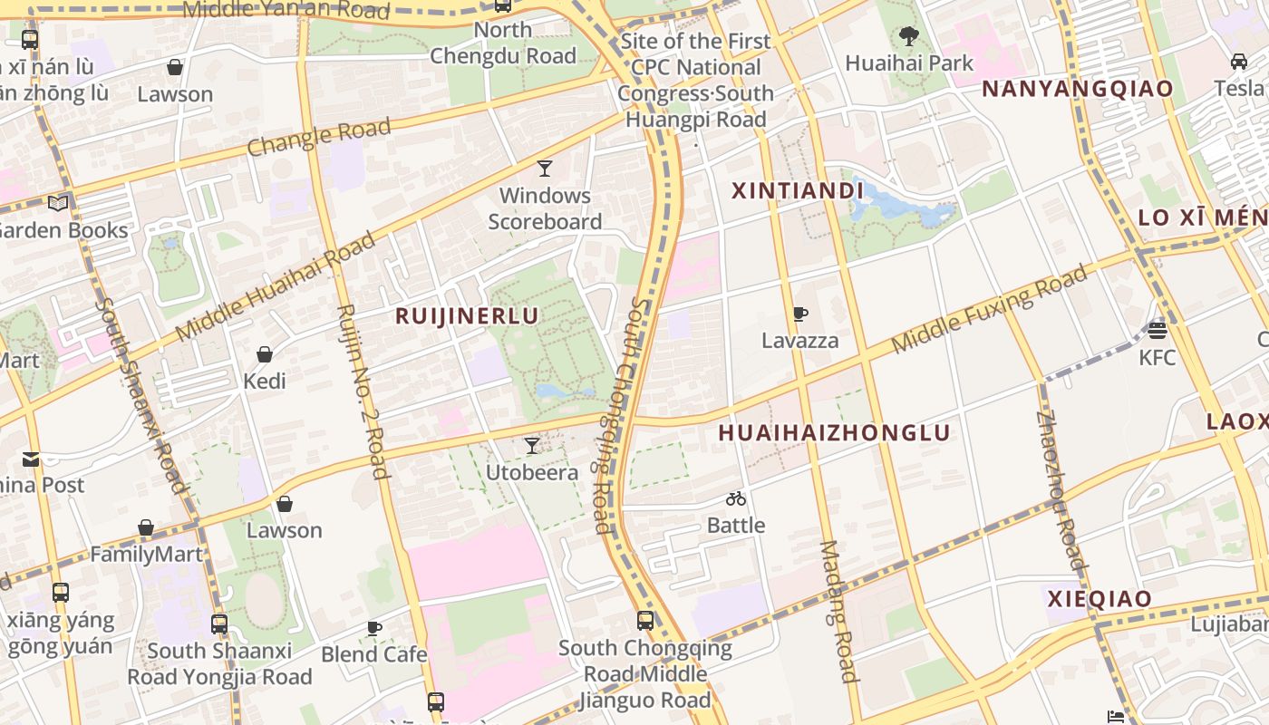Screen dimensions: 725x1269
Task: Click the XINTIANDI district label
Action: (x=797, y=191)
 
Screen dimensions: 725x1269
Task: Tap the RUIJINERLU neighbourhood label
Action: (x=467, y=315)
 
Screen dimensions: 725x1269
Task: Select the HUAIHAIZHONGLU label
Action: (x=834, y=433)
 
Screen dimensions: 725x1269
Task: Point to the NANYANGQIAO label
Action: (x=1078, y=89)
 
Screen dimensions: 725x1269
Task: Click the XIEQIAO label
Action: (x=1099, y=599)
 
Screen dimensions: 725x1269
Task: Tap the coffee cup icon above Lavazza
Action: (x=799, y=314)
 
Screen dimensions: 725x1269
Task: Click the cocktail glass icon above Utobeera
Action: (x=532, y=446)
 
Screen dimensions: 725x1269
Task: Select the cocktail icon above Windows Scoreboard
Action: (x=544, y=169)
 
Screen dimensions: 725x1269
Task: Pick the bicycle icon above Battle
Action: (x=735, y=498)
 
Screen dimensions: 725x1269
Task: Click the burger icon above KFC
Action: (x=1157, y=330)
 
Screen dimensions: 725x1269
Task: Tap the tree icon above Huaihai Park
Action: (x=908, y=37)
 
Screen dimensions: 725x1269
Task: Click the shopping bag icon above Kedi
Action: (x=265, y=354)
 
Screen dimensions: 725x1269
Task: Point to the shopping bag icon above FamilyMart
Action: (x=146, y=527)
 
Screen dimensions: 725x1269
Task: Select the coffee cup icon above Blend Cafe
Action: (x=373, y=628)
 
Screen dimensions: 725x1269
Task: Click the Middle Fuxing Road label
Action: (x=990, y=310)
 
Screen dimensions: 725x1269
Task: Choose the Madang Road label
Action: (x=838, y=612)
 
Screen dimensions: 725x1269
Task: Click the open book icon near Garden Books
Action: (x=58, y=203)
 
